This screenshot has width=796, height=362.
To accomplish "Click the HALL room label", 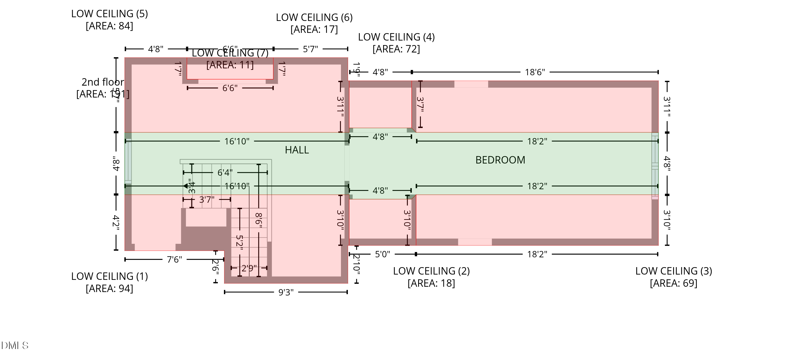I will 297,150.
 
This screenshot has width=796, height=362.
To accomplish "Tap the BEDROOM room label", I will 500,160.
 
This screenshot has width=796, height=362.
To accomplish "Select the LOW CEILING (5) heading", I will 109,14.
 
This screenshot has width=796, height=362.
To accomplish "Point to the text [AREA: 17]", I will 314,30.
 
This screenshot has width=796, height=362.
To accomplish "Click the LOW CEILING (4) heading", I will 396,37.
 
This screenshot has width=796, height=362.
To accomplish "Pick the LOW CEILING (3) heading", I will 674,271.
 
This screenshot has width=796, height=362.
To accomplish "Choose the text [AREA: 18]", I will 431,283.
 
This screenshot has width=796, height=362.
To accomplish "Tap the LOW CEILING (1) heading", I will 109,276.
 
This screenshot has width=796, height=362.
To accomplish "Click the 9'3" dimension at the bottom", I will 286,292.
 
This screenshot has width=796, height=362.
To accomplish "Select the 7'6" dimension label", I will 174,259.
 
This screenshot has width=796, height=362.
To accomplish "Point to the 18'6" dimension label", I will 535,72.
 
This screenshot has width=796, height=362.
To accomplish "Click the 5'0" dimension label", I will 382,254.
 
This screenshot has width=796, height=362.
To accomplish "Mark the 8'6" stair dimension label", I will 259,220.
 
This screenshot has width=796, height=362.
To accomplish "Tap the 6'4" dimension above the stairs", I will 225,173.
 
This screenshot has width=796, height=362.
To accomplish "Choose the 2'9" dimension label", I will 249,268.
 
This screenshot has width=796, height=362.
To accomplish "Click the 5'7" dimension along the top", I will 310,49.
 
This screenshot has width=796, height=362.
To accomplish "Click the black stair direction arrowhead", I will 185,186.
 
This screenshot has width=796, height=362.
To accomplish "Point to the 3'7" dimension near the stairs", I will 206,200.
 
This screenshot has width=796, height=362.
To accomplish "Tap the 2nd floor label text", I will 103,82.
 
